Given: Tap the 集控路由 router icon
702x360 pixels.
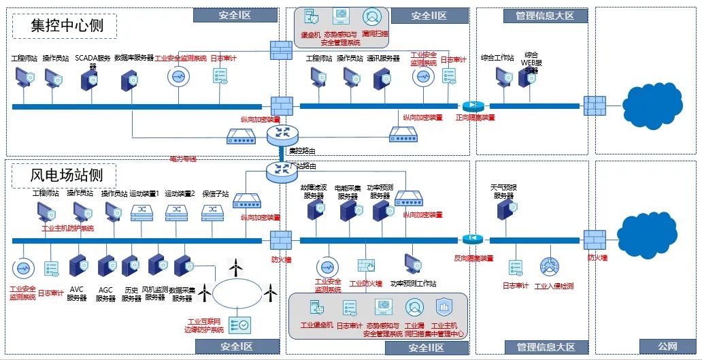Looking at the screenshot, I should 278,135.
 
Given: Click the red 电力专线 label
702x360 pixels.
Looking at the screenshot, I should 183,159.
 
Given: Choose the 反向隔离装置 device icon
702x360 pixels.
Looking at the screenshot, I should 472,240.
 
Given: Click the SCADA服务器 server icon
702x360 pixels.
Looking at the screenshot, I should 89,80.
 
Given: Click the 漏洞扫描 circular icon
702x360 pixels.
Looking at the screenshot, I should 372,17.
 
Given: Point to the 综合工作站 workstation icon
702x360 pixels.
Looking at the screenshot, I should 504,78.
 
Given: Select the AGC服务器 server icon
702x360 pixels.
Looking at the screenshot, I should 107,265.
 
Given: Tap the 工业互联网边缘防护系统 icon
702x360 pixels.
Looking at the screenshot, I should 239,325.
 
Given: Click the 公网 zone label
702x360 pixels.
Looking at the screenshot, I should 667,347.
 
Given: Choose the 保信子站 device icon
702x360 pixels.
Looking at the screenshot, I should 214,212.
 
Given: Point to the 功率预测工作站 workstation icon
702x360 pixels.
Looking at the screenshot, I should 413,263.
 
